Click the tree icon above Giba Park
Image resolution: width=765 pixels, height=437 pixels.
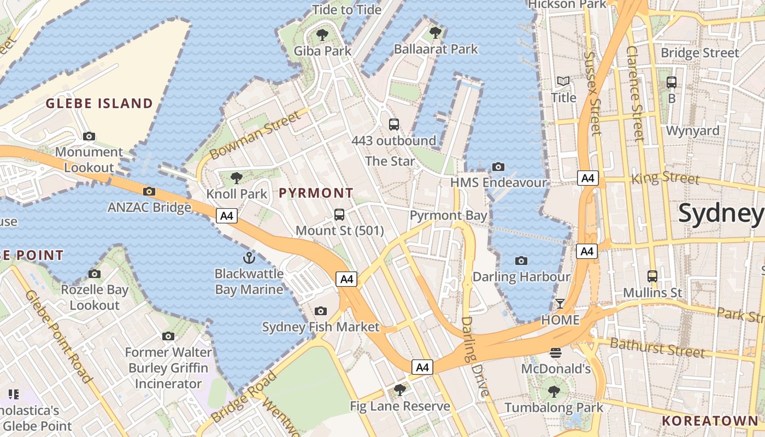(x=322, y=35)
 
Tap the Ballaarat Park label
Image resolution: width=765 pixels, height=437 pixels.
(x=436, y=49)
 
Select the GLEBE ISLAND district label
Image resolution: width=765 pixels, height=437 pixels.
(x=99, y=103)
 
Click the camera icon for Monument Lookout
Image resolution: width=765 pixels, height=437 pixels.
(x=89, y=136)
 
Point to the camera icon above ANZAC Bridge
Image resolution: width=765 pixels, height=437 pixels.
(x=149, y=191)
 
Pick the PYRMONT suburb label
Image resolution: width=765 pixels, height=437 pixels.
(x=316, y=193)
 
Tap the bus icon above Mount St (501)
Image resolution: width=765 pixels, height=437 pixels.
(x=339, y=214)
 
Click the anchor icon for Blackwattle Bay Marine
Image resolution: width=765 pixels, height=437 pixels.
(x=249, y=257)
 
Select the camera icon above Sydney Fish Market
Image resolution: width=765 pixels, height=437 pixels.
(x=321, y=311)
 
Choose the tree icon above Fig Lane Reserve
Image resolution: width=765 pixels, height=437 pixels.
(x=400, y=389)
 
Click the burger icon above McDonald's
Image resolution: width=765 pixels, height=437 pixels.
(x=556, y=352)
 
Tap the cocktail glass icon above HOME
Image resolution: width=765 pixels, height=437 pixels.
(x=560, y=303)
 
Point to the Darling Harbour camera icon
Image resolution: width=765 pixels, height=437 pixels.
(x=521, y=261)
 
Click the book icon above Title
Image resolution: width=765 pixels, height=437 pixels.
(x=563, y=81)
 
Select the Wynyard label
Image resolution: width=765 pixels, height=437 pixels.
(x=692, y=131)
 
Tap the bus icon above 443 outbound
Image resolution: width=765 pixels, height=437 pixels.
(x=394, y=124)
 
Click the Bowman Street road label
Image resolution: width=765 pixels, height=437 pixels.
(x=255, y=134)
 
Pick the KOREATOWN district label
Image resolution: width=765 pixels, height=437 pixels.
(x=710, y=421)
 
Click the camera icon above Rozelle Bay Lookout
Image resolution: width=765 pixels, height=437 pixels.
(x=95, y=274)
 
